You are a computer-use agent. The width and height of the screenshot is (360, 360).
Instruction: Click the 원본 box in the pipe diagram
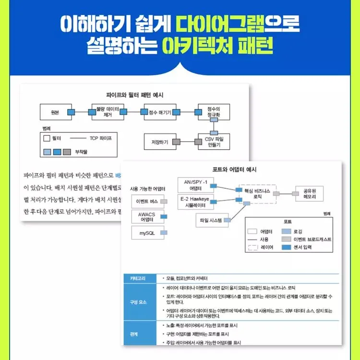click(x=54, y=112)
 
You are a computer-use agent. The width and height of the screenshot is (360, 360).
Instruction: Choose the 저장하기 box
click(x=160, y=142)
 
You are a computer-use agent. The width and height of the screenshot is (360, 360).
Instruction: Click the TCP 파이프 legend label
click(x=100, y=138)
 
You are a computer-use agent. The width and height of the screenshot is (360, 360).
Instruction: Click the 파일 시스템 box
click(x=211, y=221)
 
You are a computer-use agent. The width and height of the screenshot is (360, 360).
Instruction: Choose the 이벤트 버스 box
click(x=147, y=202)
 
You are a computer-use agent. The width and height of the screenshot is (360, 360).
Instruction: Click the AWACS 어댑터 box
click(x=146, y=217)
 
